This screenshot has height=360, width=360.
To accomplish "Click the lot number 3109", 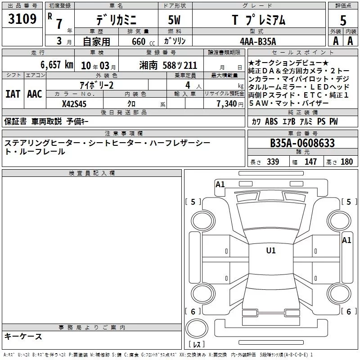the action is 22,19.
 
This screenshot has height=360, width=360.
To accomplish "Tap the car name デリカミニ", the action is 116,20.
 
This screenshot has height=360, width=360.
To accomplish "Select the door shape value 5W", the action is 175,20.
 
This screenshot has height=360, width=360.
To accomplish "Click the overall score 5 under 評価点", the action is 343,21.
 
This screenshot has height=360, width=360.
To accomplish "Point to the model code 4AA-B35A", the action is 258,41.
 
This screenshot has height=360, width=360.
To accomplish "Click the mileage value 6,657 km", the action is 57,65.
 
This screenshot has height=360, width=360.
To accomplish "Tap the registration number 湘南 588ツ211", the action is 168,65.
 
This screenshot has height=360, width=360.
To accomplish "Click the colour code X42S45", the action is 74,104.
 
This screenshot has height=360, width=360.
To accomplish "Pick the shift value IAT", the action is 13,94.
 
